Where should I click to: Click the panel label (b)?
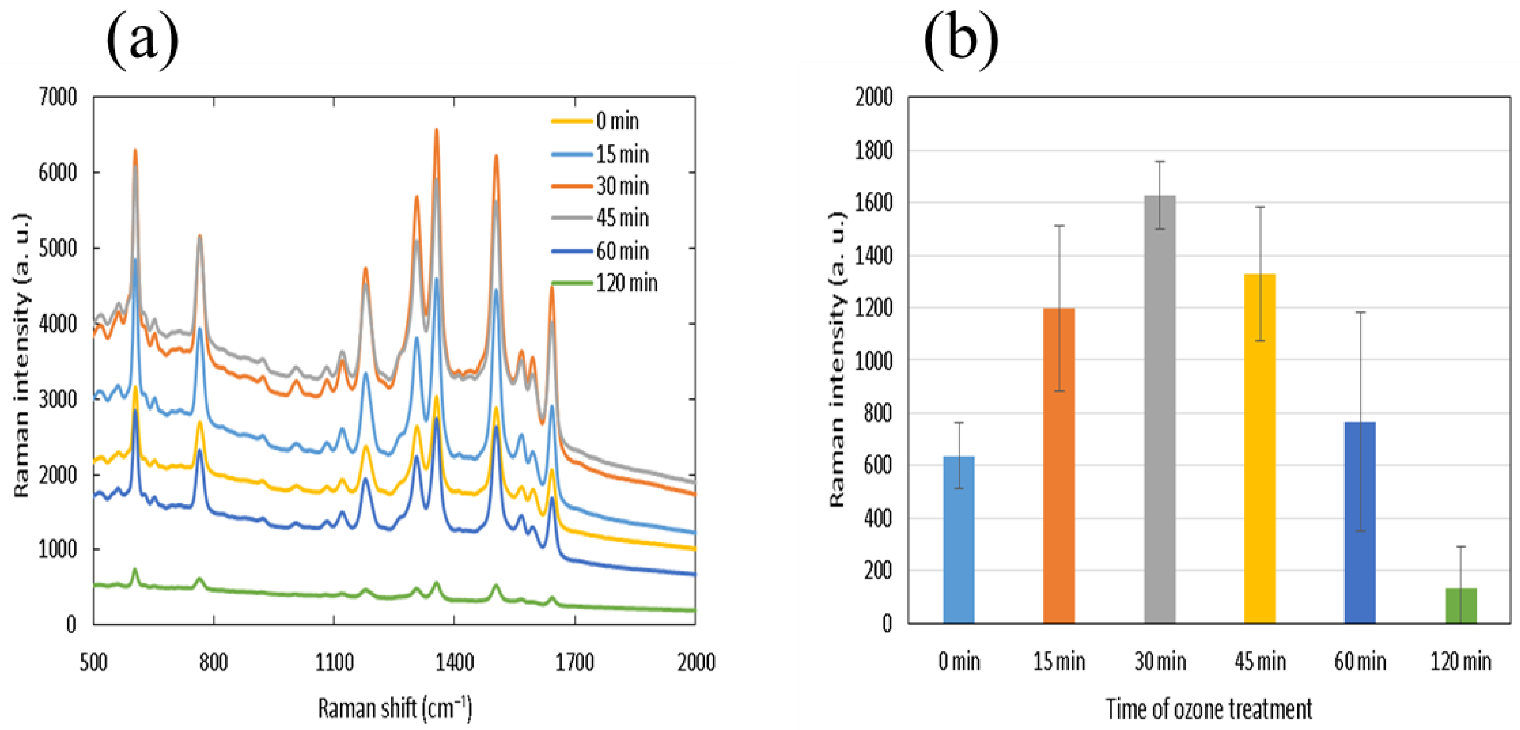pyautogui.click(x=961, y=40)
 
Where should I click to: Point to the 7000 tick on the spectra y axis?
pyautogui.click(x=58, y=97)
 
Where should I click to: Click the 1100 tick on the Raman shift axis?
pyautogui.click(x=334, y=663)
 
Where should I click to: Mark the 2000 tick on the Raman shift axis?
pyautogui.click(x=695, y=663)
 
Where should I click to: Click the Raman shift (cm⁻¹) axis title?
pyautogui.click(x=395, y=708)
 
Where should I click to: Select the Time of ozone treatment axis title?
pyautogui.click(x=1209, y=709)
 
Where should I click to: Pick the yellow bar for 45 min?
pyautogui.click(x=1260, y=448)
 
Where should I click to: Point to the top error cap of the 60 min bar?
pyautogui.click(x=1360, y=312)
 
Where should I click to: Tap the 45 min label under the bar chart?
pyautogui.click(x=1260, y=661)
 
